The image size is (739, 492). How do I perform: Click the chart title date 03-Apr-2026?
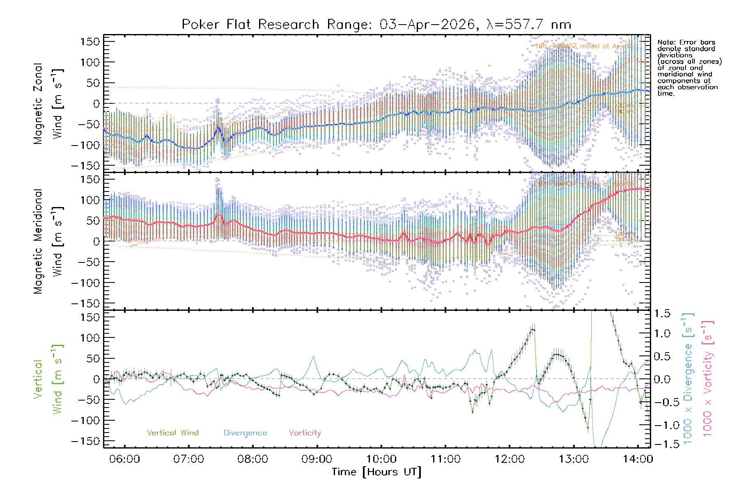(427, 25)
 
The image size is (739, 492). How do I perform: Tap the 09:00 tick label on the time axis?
(317, 459)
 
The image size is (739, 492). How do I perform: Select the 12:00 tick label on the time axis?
(509, 459)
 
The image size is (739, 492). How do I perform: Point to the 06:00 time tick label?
(124, 459)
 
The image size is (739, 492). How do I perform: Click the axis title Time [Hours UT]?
(376, 472)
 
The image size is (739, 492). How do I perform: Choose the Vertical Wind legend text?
(172, 433)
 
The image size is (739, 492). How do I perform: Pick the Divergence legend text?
(245, 433)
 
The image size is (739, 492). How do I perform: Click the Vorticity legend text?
(305, 433)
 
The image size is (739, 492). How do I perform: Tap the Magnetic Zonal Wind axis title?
(48, 103)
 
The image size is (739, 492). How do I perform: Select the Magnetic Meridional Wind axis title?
(48, 241)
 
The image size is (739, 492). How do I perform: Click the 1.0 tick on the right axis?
(662, 333)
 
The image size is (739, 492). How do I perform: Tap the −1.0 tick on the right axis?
(662, 425)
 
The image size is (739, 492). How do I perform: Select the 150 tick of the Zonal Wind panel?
(90, 41)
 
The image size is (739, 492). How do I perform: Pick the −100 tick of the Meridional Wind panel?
(85, 282)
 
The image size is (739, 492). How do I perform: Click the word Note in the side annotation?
(666, 42)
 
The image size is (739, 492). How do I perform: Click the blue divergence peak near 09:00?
(314, 356)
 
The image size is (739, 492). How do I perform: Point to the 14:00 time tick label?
(638, 459)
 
